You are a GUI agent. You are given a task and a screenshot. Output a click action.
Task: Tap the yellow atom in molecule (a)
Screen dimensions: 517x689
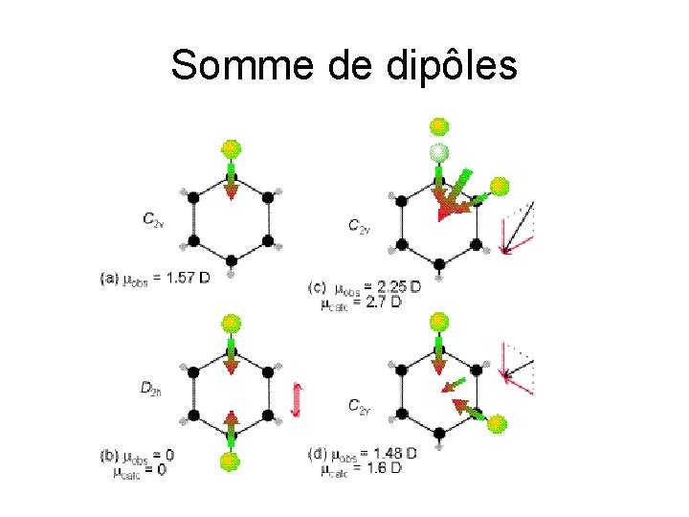231,148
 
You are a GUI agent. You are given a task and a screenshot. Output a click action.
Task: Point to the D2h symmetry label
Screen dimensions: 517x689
150,388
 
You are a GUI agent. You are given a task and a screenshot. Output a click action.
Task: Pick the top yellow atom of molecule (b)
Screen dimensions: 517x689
230,323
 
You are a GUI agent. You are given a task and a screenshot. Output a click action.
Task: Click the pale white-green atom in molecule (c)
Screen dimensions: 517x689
438,151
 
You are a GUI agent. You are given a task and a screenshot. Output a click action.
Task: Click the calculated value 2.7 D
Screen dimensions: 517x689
388,302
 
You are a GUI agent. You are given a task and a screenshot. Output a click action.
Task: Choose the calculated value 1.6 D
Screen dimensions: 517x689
385,469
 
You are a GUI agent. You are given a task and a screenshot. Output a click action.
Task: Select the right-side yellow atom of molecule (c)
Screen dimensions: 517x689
500,186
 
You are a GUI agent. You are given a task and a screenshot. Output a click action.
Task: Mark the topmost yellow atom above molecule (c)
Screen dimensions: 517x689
438,125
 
